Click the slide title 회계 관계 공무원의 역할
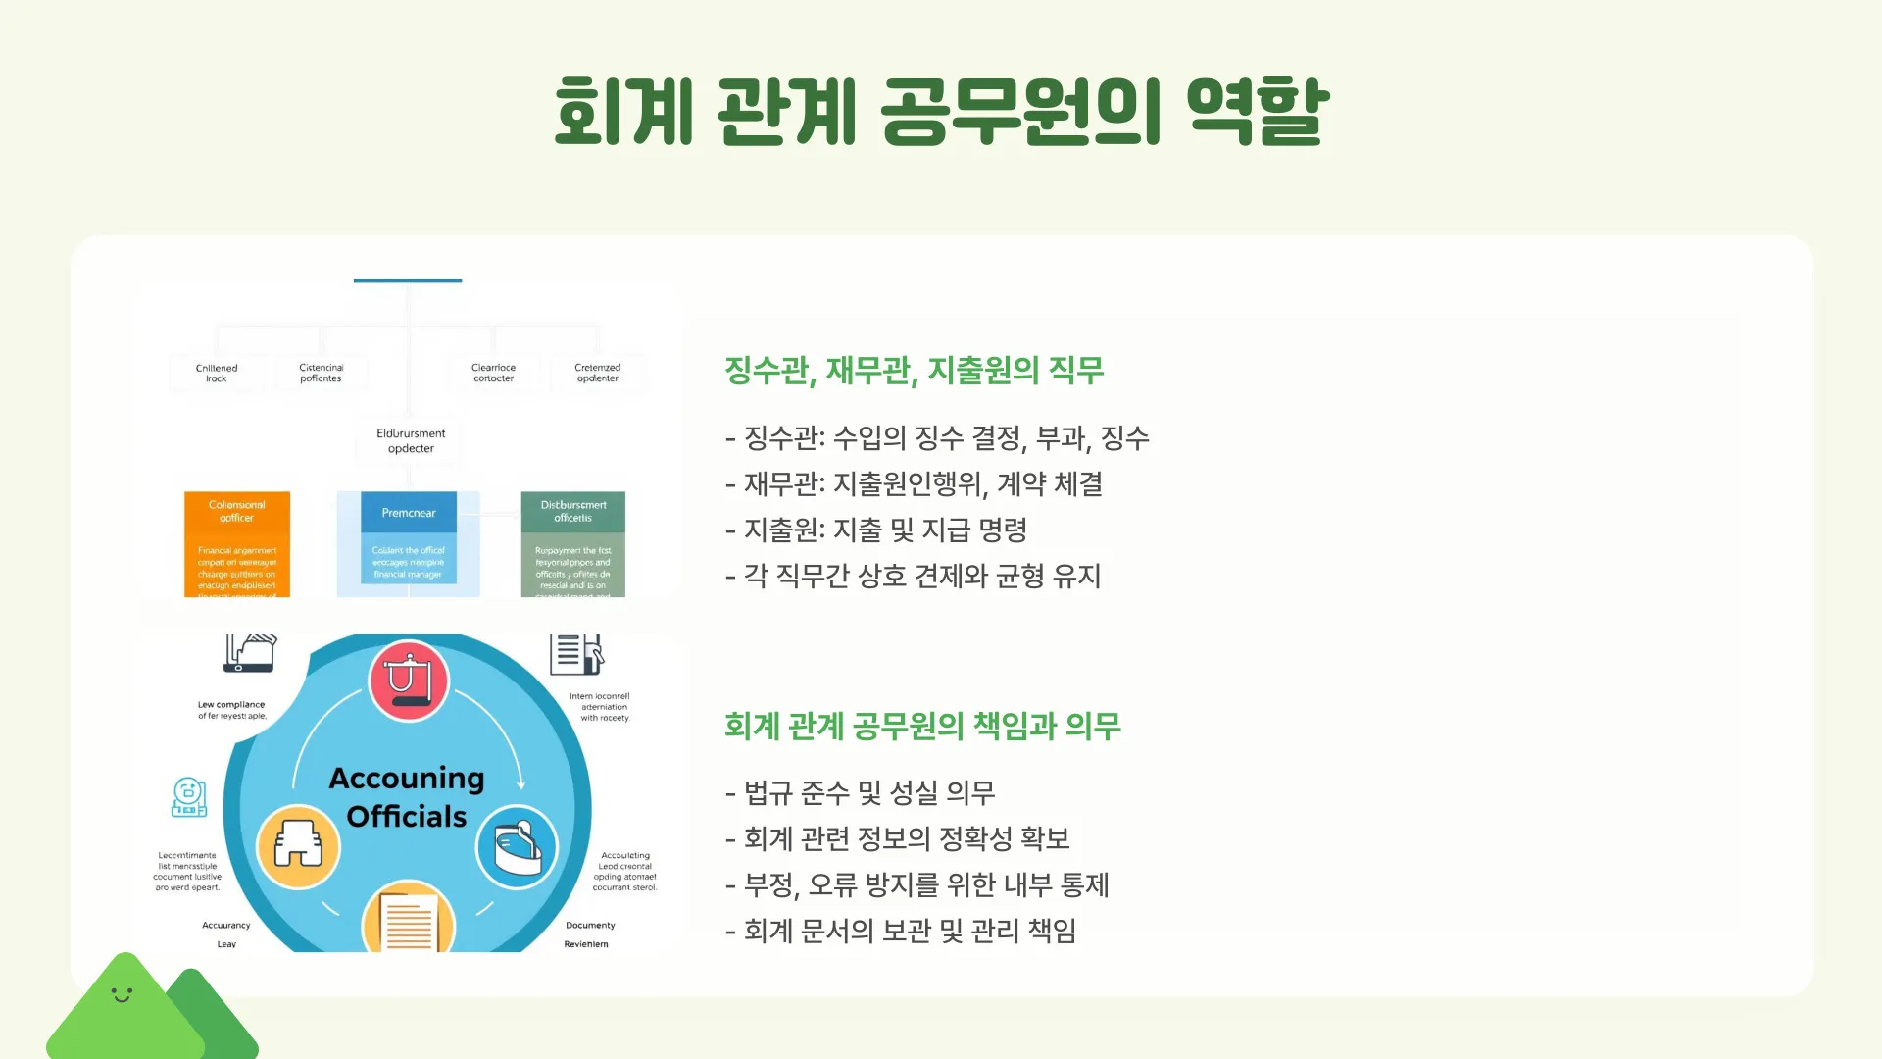click(941, 111)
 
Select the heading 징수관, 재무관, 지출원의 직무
click(914, 371)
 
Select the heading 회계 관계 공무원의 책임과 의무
click(922, 727)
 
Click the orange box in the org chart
click(237, 544)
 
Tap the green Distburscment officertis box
click(573, 544)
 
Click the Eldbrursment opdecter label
click(411, 441)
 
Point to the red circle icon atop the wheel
click(409, 681)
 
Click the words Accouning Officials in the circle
click(407, 797)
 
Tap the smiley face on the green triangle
click(122, 995)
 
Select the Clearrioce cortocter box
click(494, 373)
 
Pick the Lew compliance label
click(231, 710)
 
